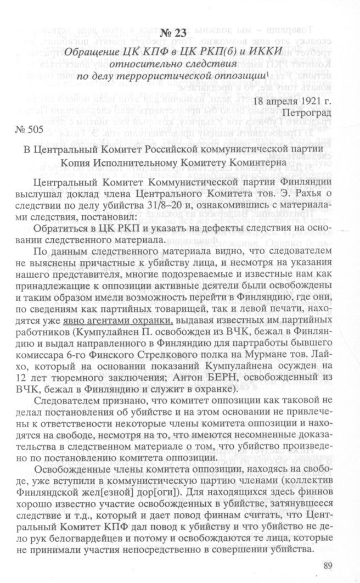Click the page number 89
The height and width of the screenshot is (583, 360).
tap(330, 567)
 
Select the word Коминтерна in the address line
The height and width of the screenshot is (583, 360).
tap(252, 162)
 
